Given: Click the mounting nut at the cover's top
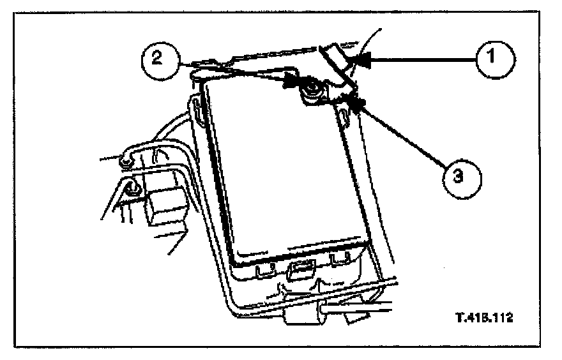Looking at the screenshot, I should click(x=312, y=88).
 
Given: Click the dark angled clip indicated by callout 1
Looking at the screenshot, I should click(x=337, y=61).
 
